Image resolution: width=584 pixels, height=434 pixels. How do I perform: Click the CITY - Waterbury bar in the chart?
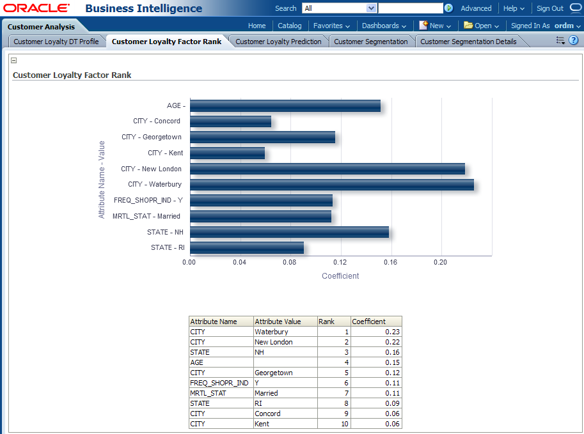331,185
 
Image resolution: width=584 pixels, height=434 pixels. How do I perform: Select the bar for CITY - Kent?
227,153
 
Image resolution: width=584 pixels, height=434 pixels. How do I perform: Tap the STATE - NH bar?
289,232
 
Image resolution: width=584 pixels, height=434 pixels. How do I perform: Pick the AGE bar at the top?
285,106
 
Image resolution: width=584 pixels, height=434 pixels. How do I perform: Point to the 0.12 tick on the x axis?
340,262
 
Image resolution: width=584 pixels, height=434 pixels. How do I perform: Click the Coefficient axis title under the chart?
340,276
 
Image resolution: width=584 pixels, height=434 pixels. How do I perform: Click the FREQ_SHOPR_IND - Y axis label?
148,201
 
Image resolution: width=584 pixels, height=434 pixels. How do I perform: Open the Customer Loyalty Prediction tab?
278,42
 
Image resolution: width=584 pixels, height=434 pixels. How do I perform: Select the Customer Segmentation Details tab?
468,42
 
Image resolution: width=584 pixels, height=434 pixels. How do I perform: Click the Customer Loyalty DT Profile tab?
56,42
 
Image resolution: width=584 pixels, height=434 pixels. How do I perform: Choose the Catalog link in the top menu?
290,26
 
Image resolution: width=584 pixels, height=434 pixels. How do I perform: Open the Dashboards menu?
384,26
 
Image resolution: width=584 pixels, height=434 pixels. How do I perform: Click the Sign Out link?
549,8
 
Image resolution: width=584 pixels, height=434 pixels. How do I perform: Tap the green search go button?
449,8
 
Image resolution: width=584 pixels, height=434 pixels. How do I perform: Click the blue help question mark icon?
573,40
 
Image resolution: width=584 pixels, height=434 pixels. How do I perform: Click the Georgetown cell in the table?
273,373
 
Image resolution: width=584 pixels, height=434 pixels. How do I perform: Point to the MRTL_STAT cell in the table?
208,393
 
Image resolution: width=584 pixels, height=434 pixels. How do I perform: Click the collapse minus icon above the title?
14,61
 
